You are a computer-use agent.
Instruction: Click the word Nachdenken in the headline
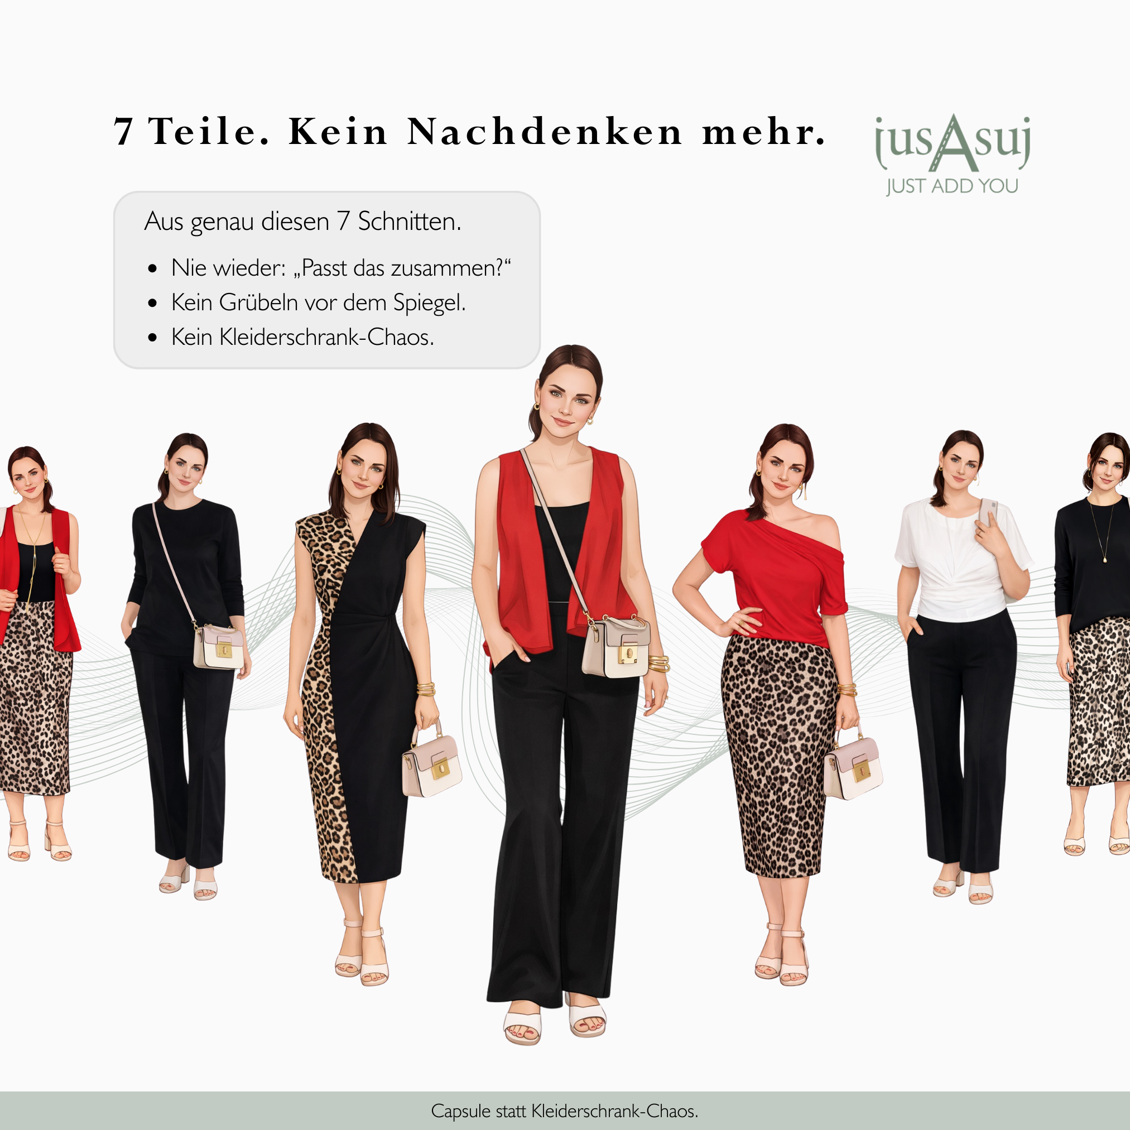point(545,132)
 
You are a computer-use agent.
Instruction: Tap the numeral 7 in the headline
point(123,132)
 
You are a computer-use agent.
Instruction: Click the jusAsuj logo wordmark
point(951,143)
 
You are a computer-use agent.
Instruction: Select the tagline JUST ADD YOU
point(951,186)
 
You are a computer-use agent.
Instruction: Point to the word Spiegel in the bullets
point(429,303)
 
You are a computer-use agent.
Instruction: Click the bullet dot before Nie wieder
point(153,268)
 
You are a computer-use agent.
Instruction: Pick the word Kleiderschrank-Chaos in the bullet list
point(326,337)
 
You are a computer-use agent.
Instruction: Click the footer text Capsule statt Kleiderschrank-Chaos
point(564,1110)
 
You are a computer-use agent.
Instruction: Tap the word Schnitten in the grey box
point(410,222)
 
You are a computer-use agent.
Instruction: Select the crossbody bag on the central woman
point(616,647)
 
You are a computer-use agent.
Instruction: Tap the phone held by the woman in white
point(987,513)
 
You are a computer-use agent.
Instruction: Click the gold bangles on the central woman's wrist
point(658,664)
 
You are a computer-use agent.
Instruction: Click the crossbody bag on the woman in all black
point(219,646)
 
